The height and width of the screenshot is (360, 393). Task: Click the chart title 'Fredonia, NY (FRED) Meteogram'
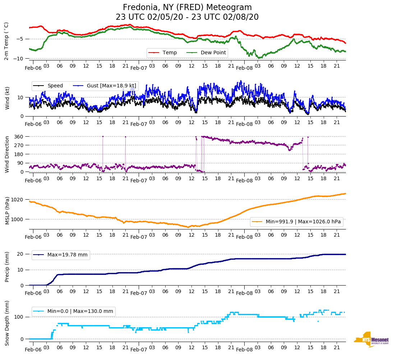click(x=187, y=8)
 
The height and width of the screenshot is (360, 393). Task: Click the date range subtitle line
click(x=187, y=17)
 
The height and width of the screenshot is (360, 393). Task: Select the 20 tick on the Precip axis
click(x=21, y=254)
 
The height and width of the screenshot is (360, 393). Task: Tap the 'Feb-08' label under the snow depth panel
click(x=244, y=350)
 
